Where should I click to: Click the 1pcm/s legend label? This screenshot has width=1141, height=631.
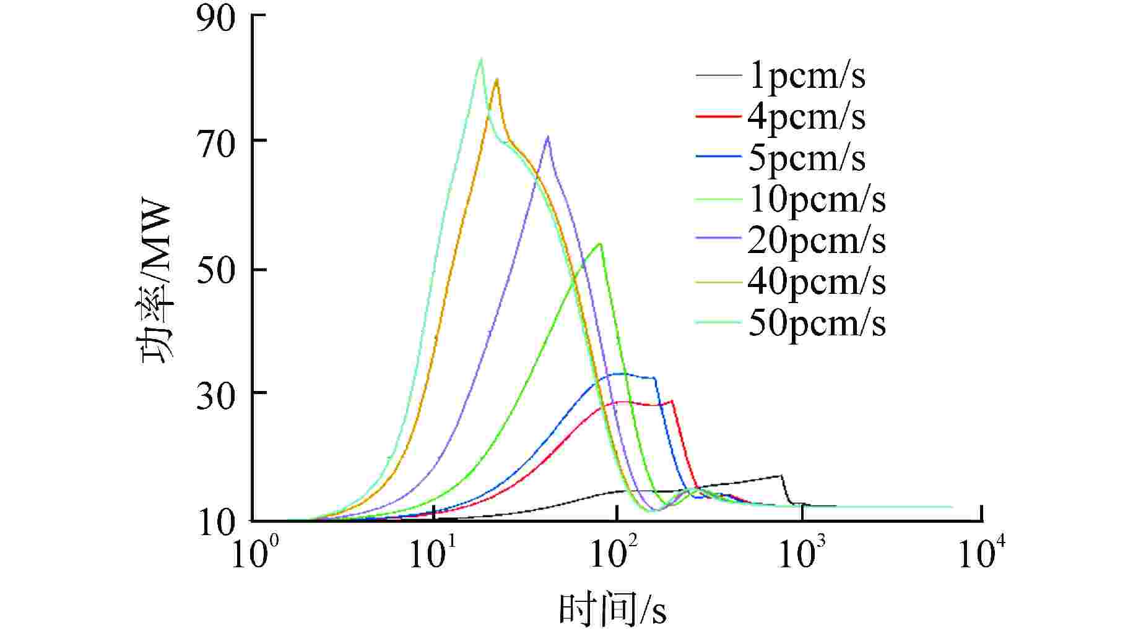(807, 76)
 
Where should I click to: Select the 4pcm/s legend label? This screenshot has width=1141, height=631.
(807, 117)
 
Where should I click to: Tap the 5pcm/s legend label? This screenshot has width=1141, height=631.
(807, 158)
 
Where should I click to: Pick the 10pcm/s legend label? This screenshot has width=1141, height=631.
(817, 199)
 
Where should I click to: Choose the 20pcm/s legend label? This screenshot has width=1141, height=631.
(817, 241)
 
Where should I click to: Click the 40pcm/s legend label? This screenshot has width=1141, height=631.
(817, 281)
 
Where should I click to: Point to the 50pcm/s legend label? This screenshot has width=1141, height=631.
(817, 323)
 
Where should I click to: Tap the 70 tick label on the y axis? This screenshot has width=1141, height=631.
(216, 146)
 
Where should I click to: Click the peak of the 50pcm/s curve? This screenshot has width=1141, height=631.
(480, 59)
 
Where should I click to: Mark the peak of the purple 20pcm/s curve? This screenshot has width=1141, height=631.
(547, 137)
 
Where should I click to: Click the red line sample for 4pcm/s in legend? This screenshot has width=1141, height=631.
(718, 116)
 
